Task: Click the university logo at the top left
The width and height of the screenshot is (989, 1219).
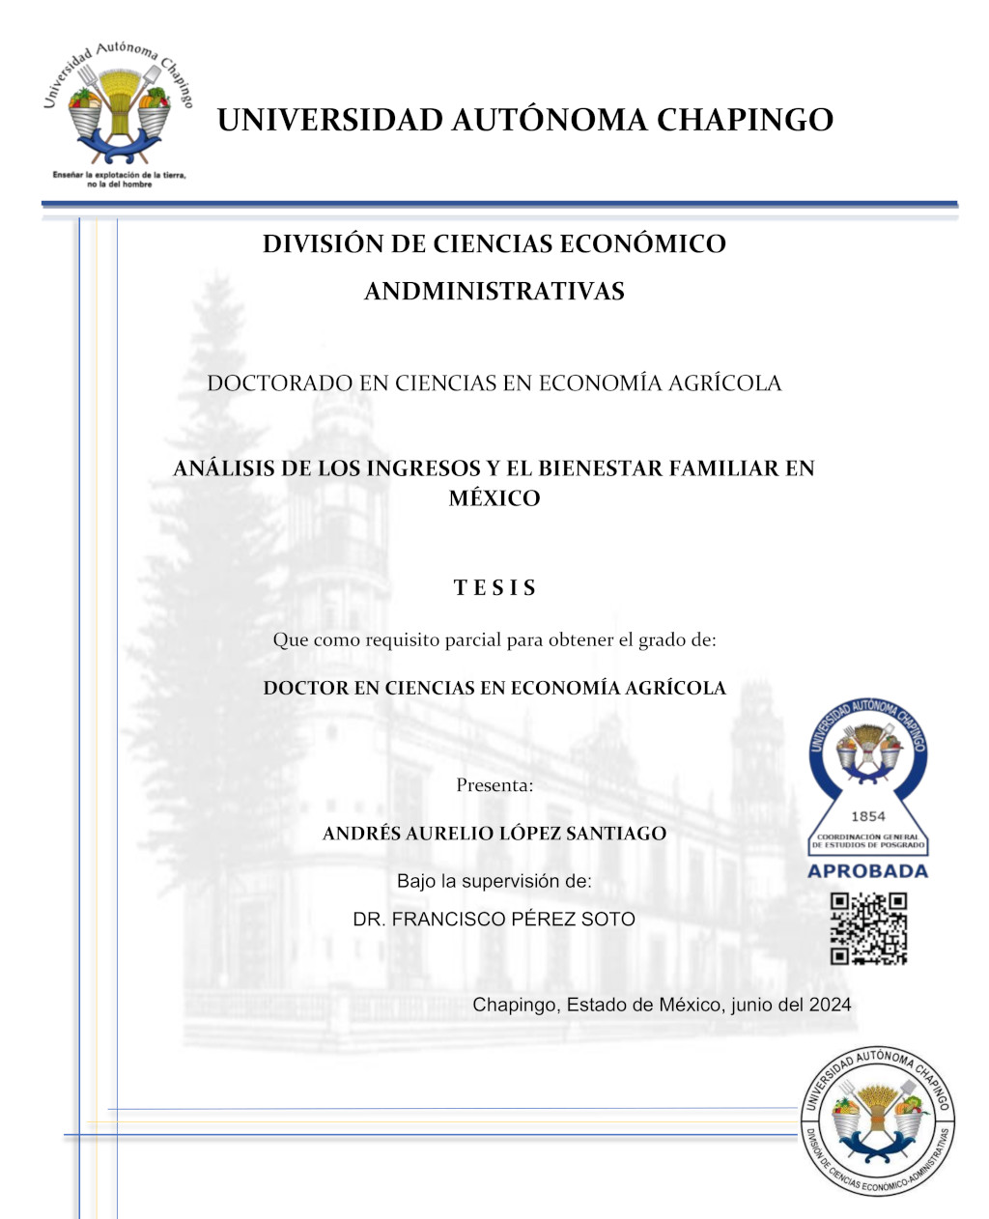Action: (x=118, y=106)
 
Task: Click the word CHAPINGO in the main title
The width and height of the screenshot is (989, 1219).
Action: (x=745, y=120)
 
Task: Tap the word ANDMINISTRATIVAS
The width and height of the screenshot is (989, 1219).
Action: (x=494, y=291)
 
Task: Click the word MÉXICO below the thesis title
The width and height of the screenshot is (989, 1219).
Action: (x=494, y=498)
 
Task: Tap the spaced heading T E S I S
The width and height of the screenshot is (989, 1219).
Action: (x=494, y=588)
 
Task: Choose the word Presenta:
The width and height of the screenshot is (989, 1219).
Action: (x=494, y=785)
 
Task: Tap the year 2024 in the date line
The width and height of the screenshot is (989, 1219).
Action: (x=830, y=1005)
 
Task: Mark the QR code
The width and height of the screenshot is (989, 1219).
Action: (x=868, y=928)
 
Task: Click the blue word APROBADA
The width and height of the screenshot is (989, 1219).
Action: (x=867, y=871)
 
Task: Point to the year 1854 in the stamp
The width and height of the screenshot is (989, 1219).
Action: (x=868, y=816)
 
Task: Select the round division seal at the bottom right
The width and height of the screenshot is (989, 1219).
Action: (x=876, y=1120)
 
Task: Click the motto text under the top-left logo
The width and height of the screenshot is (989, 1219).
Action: (x=119, y=180)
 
